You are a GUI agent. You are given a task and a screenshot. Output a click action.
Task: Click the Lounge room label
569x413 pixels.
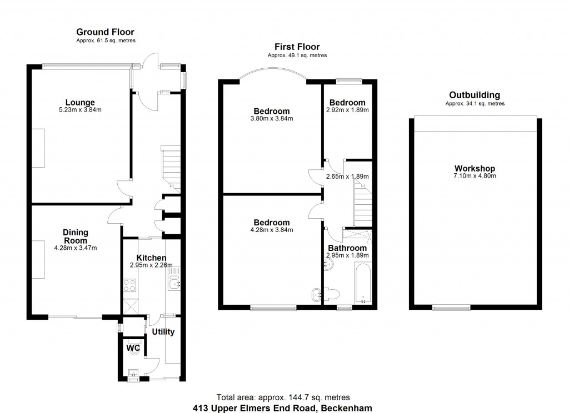click(x=80, y=102)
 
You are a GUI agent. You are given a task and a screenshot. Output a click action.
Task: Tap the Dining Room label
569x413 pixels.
click(x=76, y=236)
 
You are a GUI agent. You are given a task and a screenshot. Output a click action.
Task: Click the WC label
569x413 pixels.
click(x=133, y=348)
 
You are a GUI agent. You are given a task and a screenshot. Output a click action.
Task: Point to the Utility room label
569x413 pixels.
click(x=163, y=332)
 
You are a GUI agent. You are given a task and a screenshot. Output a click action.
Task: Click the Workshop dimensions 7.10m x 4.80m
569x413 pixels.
click(x=475, y=176)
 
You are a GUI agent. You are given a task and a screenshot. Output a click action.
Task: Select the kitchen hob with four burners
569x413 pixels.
click(x=129, y=285)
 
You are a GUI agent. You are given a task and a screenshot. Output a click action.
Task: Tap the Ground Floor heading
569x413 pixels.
click(x=105, y=32)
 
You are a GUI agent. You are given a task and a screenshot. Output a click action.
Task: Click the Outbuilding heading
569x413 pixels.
click(x=475, y=95)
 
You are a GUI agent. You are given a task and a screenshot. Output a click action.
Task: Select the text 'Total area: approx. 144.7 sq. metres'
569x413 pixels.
click(x=283, y=397)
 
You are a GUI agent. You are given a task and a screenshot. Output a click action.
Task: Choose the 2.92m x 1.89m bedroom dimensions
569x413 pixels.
click(x=347, y=110)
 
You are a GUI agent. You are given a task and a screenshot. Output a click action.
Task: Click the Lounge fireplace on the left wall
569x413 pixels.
click(x=38, y=148)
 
